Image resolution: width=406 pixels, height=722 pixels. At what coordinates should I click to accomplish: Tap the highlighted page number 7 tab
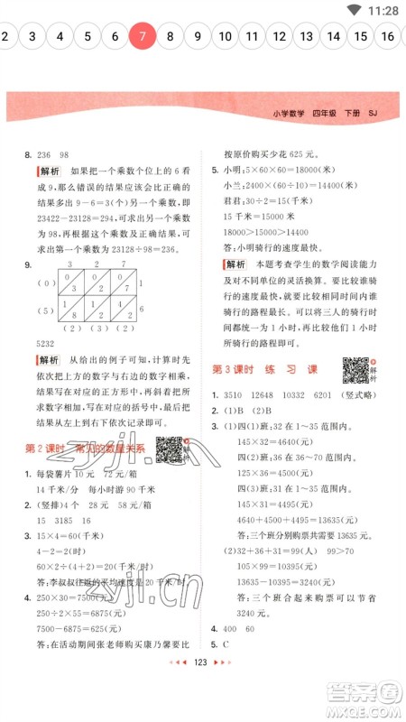(142, 37)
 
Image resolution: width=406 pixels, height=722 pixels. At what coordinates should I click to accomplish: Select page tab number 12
(280, 37)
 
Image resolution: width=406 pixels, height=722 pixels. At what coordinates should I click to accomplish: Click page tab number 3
(32, 37)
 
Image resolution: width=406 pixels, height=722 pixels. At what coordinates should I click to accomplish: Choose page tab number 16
(388, 37)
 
